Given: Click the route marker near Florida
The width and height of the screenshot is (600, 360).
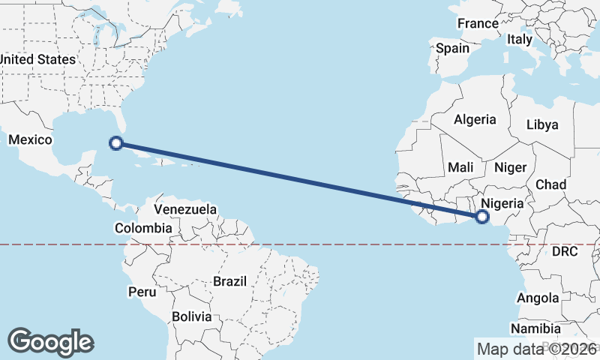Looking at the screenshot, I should [x=116, y=142].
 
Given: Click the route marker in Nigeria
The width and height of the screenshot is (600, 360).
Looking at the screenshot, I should [x=481, y=217].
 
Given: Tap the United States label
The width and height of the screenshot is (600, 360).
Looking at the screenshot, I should [x=37, y=59].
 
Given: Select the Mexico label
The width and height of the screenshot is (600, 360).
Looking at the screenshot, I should [x=29, y=140].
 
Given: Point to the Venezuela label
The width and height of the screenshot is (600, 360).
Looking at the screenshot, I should [x=185, y=209].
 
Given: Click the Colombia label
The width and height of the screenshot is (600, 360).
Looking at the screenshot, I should [x=143, y=228].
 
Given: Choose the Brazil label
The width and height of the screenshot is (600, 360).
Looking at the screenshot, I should [x=229, y=281].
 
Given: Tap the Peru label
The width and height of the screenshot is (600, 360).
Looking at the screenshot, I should [x=142, y=291].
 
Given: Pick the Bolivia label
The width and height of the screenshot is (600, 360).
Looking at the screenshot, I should [x=192, y=316].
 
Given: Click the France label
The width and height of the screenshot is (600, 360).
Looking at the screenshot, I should [x=478, y=23].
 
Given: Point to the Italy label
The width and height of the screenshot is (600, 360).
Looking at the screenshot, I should [x=520, y=39].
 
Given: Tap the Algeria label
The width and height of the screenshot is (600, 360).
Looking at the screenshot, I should [x=475, y=119].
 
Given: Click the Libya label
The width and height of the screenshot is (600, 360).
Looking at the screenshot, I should [x=542, y=124].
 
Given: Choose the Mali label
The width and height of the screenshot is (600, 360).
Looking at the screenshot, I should [x=460, y=168].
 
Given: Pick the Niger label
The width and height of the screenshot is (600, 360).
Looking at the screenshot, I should [x=510, y=168].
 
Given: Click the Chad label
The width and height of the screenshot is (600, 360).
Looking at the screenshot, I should [x=550, y=184].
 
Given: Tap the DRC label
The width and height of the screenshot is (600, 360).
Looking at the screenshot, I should [x=564, y=252].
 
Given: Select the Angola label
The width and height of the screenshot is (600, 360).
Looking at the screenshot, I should [x=538, y=298].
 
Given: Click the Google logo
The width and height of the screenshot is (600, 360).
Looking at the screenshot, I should [x=50, y=342].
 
